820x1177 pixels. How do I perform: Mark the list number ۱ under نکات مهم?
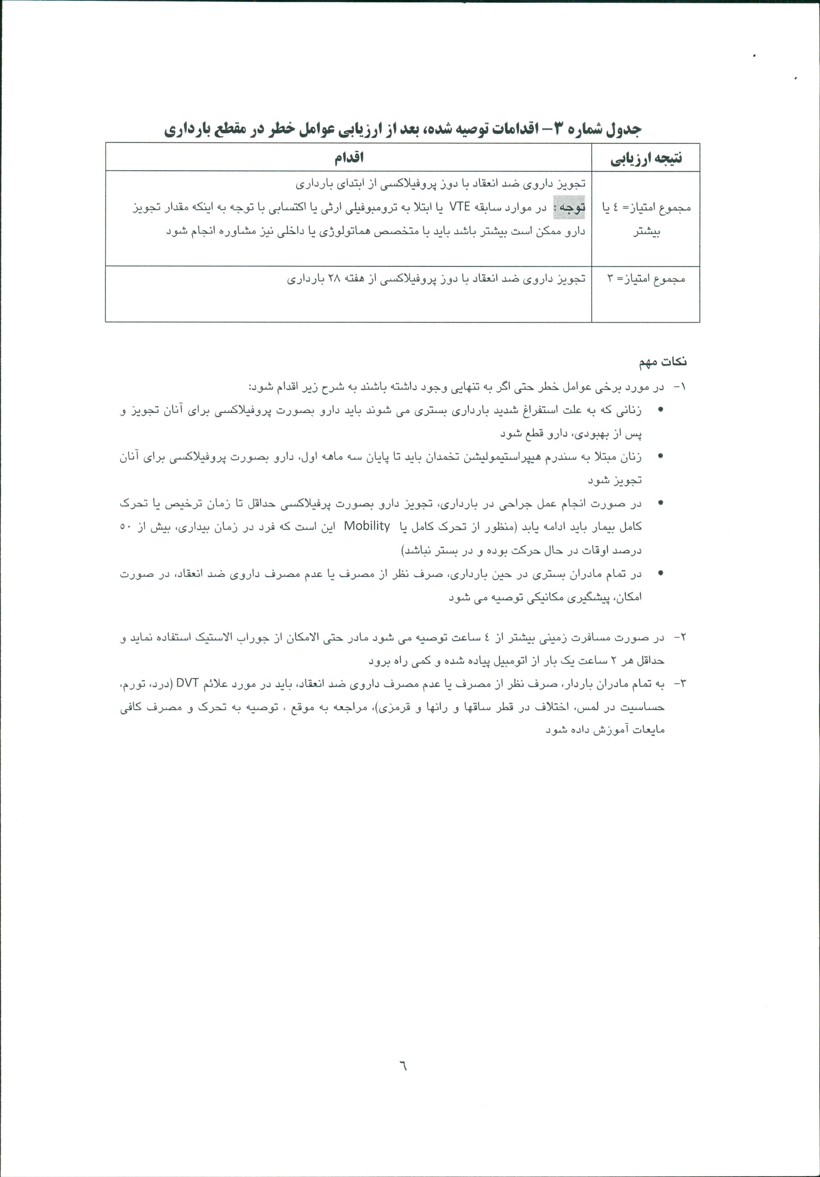click(681, 387)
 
